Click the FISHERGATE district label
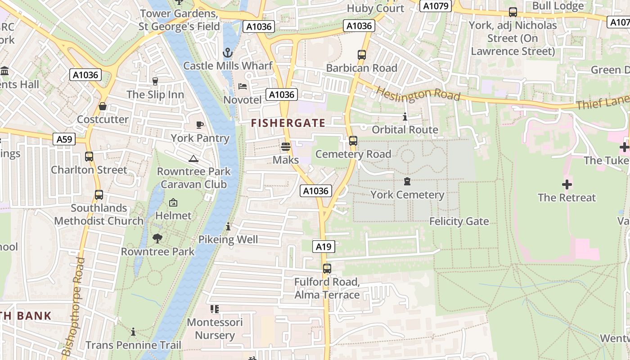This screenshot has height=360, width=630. pos(288,123)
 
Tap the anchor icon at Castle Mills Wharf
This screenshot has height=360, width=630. pos(228,53)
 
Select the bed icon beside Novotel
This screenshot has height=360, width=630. pos(243,86)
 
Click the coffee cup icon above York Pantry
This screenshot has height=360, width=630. pos(200,125)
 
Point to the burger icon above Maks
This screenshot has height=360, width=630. pos(285,146)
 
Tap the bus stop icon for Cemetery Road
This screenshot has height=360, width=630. pos(353,141)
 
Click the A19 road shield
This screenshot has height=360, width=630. pos(324,247)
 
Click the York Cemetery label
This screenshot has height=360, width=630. pos(407,195)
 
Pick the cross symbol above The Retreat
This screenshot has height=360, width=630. pos(567,184)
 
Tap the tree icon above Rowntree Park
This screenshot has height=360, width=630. pos(157,238)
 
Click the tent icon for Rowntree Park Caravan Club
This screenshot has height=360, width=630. pos(193,158)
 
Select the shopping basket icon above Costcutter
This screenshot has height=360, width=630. pos(103,106)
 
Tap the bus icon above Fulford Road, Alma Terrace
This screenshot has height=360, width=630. pos(327,269)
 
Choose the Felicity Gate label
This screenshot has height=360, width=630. pos(459,221)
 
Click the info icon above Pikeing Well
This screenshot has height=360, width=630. pos(228,226)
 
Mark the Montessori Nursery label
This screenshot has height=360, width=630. pos(215,328)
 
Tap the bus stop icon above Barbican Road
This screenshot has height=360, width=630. pos(362,55)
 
